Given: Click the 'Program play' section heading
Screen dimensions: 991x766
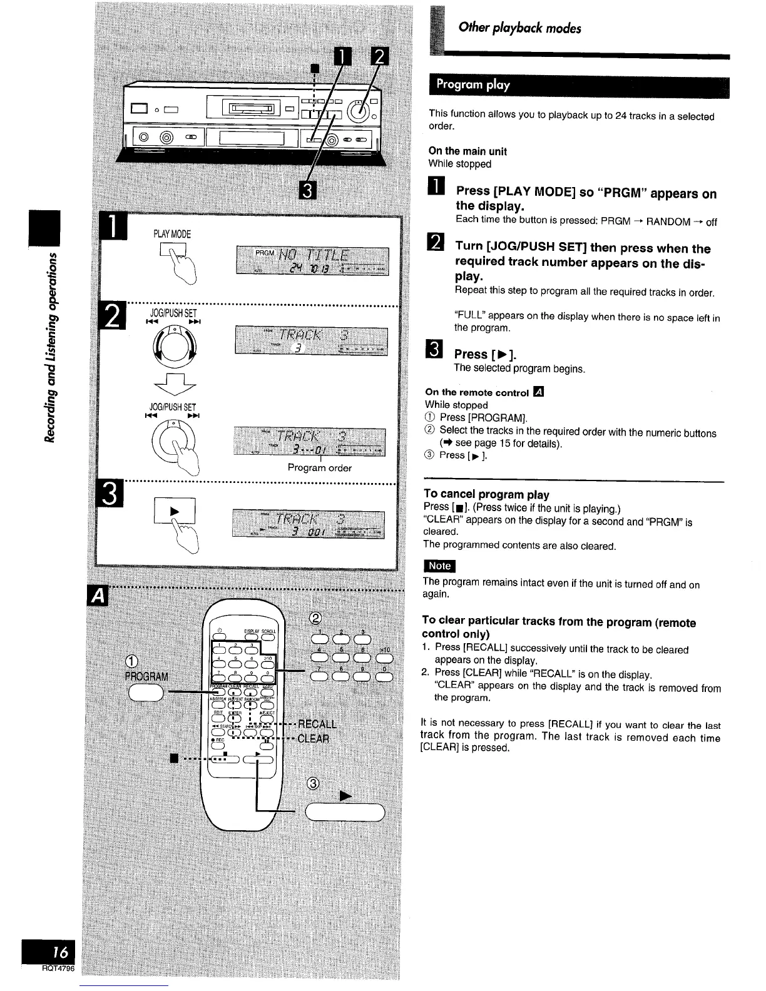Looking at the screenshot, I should pyautogui.click(x=473, y=85).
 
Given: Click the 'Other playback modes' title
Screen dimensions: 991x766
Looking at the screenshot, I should pyautogui.click(x=519, y=28).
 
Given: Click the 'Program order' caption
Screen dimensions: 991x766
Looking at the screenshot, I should pyautogui.click(x=319, y=468).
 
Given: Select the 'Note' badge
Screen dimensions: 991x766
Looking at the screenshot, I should pyautogui.click(x=439, y=566).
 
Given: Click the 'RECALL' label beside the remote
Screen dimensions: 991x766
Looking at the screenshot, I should pyautogui.click(x=317, y=724).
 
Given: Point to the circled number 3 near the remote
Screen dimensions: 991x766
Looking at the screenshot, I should pyautogui.click(x=314, y=785).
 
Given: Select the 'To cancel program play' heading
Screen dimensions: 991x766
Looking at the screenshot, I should pyautogui.click(x=486, y=494).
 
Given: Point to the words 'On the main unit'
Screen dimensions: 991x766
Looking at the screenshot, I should pyautogui.click(x=467, y=151).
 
